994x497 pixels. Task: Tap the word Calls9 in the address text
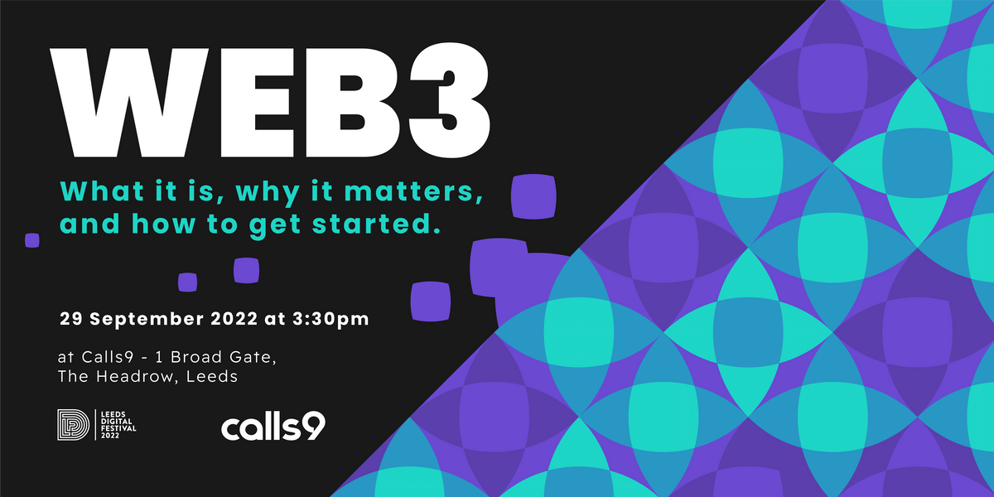coord(107,357)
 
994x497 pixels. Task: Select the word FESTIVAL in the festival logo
coord(116,429)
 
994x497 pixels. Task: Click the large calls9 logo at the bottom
coord(273,427)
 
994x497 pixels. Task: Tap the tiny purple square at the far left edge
coord(32,240)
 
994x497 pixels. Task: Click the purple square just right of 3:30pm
coord(431,302)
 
